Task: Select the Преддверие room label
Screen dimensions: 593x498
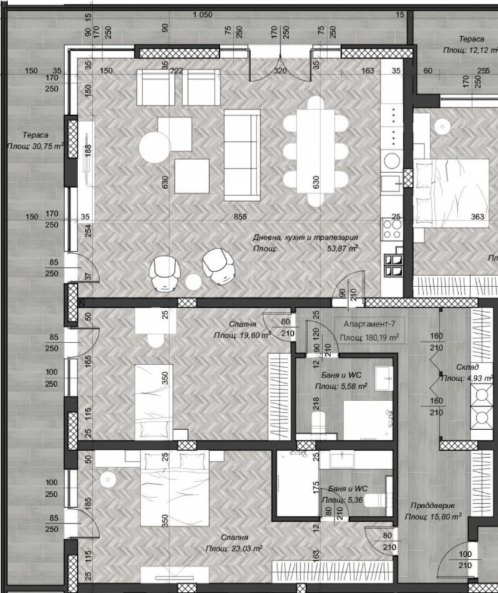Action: [433, 506]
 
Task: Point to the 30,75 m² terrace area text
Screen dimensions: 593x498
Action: [35, 146]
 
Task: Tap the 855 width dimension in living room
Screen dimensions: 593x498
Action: [241, 217]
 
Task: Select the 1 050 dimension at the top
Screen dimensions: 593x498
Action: [203, 15]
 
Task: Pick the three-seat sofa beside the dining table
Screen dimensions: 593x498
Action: [242, 154]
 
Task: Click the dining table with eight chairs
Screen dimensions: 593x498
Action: [315, 150]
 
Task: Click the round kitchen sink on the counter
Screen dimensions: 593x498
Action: [392, 161]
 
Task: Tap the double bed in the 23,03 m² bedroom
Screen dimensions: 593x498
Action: [181, 489]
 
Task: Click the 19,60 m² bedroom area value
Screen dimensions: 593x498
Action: [242, 334]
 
